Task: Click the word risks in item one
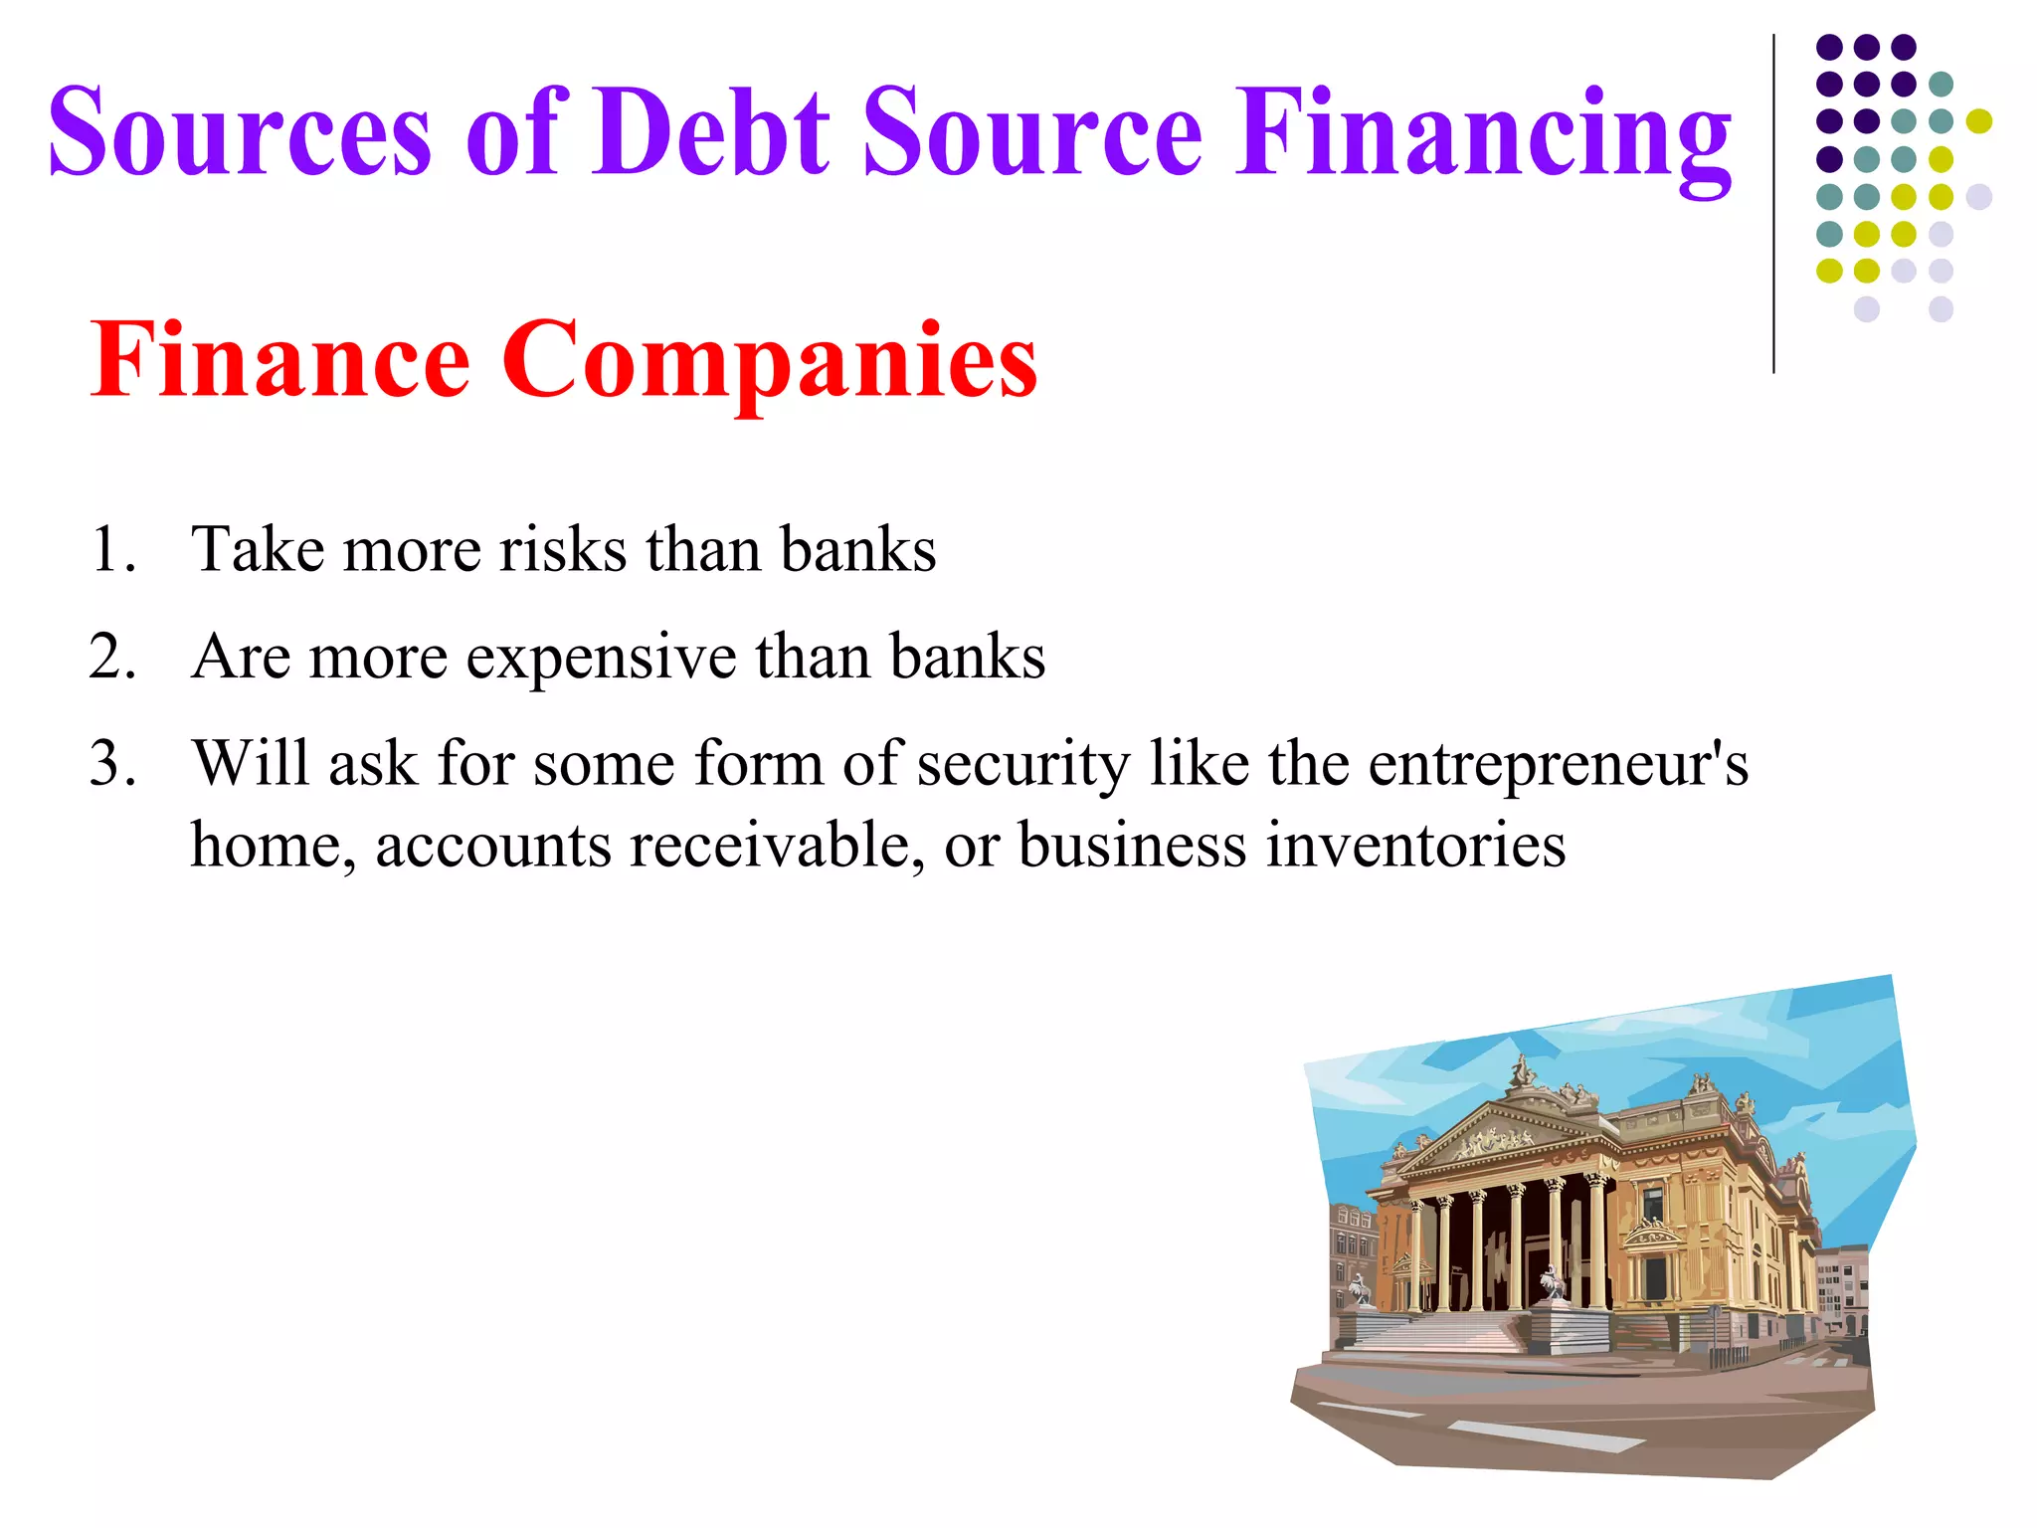coord(562,549)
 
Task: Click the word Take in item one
coord(258,549)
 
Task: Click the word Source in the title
coord(1032,131)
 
